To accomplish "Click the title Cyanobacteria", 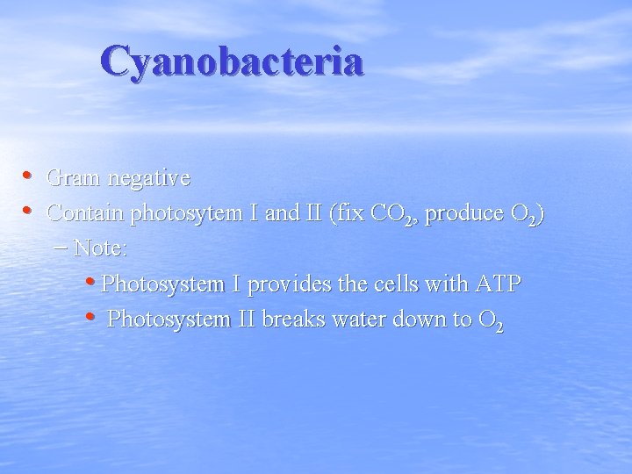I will click(232, 61).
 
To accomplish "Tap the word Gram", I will click(73, 178).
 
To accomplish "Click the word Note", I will click(100, 248).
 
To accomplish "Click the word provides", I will click(288, 284).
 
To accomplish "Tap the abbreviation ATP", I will click(498, 284).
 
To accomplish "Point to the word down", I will click(417, 320).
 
